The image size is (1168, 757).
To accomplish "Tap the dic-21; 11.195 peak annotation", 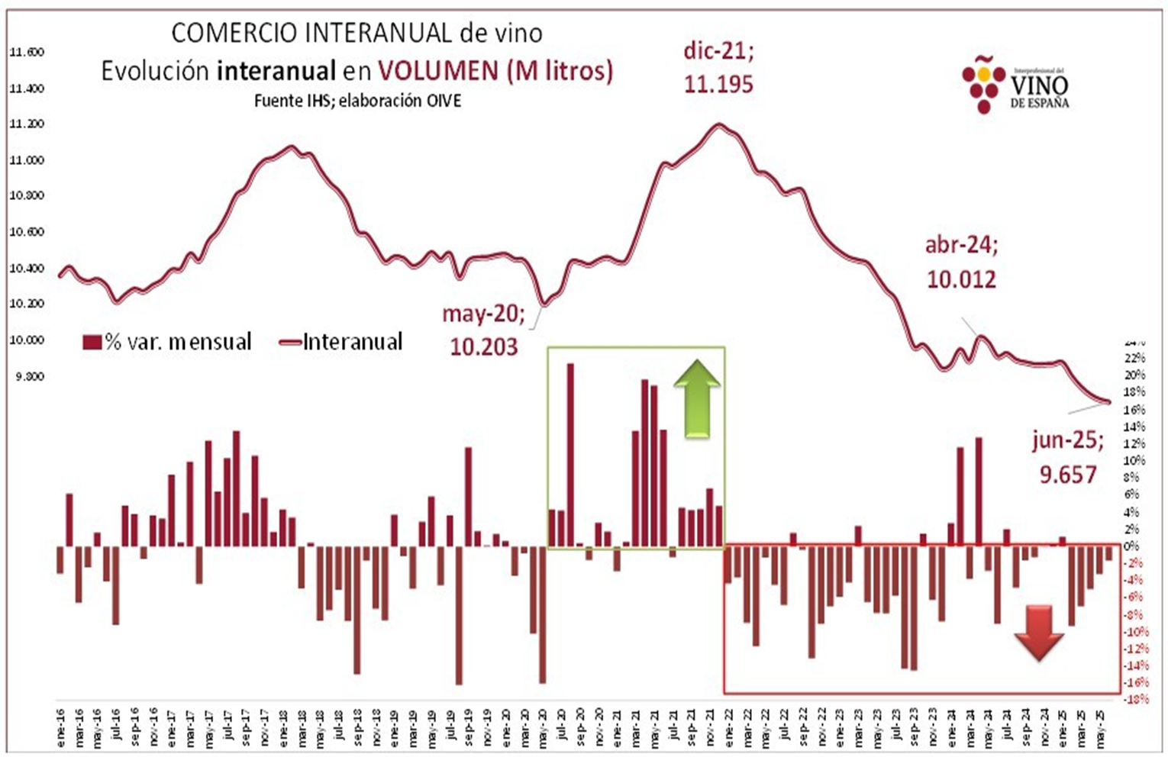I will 718,68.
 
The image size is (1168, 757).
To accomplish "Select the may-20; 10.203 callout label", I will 482,330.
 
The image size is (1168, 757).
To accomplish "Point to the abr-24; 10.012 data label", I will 961,262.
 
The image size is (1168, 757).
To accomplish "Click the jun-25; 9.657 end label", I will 1067,457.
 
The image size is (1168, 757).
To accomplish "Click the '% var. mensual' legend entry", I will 167,342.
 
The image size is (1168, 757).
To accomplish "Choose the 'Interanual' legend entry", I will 342,342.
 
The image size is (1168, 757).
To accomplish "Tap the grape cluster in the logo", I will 982,84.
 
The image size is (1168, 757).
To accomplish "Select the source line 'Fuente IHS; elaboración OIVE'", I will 357,101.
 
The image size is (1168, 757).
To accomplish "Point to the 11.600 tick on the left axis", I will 27,53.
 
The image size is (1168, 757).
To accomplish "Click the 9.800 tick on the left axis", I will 27,376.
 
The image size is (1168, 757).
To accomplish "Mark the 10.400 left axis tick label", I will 27,268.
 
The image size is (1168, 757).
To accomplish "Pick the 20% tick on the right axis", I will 1134,375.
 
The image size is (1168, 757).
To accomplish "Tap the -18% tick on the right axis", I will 1135,699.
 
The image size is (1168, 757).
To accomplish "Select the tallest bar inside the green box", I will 570,456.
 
